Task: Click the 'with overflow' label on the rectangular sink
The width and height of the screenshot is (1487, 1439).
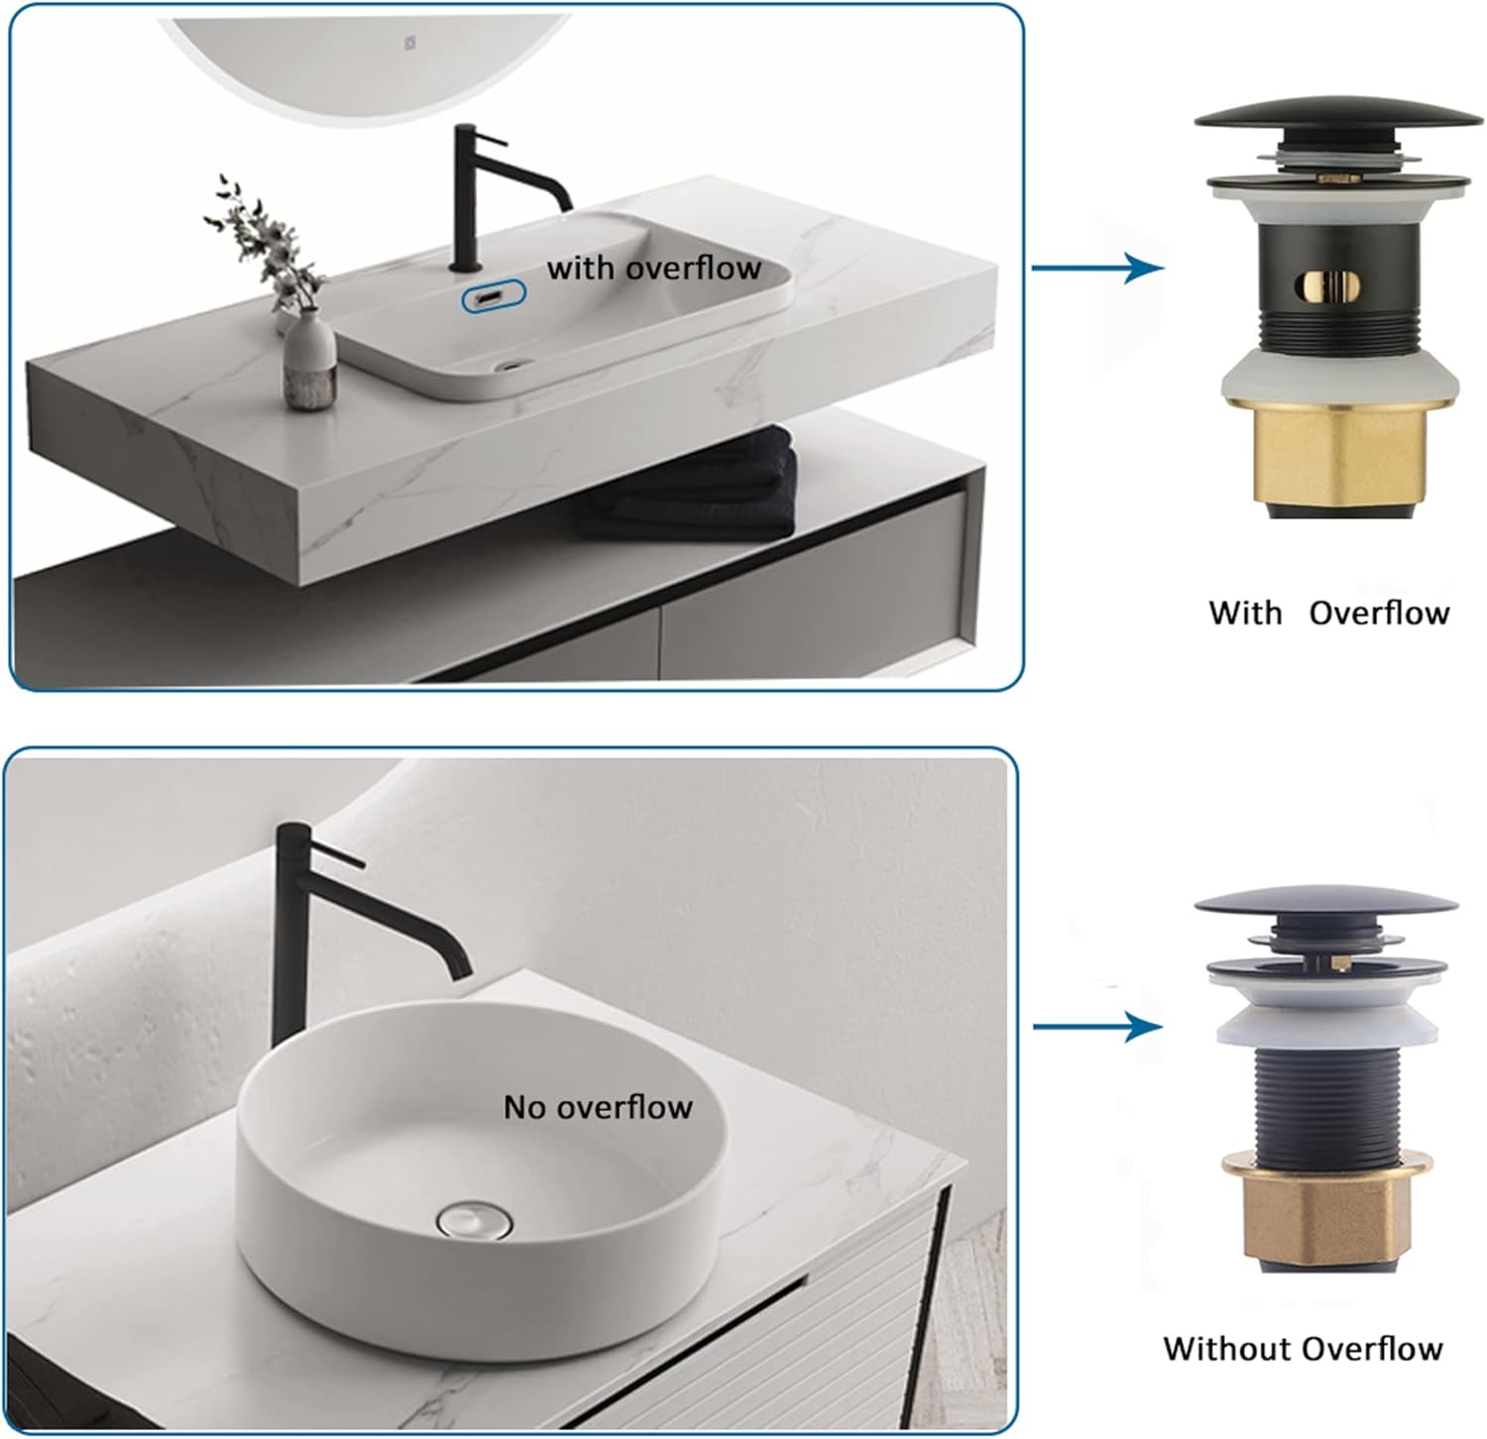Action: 654,268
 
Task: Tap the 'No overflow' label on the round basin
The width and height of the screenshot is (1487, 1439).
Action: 598,1107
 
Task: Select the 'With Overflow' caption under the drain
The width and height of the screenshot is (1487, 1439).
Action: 1329,613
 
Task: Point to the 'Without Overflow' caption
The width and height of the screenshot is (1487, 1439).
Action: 1304,1349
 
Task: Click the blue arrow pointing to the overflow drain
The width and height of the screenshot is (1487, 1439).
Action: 1098,268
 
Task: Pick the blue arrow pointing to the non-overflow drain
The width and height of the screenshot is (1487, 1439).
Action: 1098,1027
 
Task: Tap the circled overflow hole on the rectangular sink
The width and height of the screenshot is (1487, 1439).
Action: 493,296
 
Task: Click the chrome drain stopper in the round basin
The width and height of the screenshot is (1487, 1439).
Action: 474,1218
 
